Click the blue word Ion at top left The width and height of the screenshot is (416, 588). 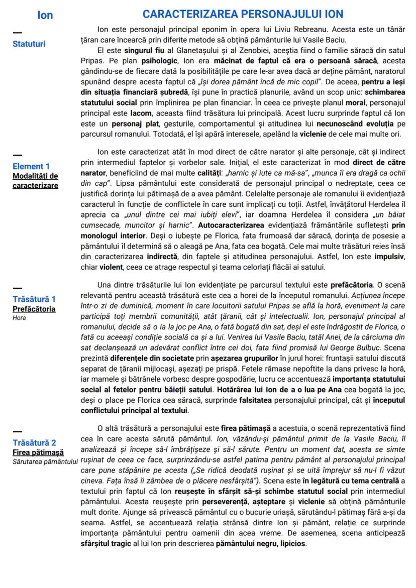pyautogui.click(x=45, y=15)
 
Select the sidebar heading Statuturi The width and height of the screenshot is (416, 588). pyautogui.click(x=29, y=44)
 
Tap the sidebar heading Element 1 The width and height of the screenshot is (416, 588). pyautogui.click(x=31, y=166)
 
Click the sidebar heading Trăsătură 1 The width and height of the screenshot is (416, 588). pyautogui.click(x=34, y=299)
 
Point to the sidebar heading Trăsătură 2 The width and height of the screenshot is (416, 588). pyautogui.click(x=34, y=442)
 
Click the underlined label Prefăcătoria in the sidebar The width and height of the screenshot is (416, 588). pyautogui.click(x=34, y=309)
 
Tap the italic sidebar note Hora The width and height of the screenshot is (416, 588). pyautogui.click(x=19, y=318)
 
